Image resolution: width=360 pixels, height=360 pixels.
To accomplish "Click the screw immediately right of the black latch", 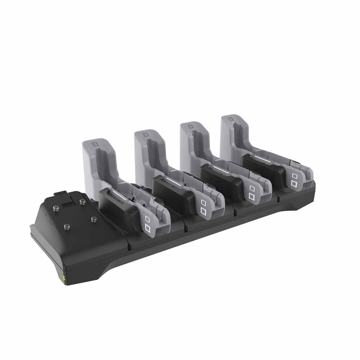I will (82, 201).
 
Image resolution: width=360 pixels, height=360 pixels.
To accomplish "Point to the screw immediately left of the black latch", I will (56, 207).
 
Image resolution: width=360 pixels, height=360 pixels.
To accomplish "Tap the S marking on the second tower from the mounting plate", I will (146, 135).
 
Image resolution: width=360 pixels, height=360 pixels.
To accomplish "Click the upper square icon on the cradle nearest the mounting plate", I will (147, 219).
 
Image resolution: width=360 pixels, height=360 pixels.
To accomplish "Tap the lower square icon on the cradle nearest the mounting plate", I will (148, 228).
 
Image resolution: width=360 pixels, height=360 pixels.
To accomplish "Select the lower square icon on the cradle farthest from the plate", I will (294, 184).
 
